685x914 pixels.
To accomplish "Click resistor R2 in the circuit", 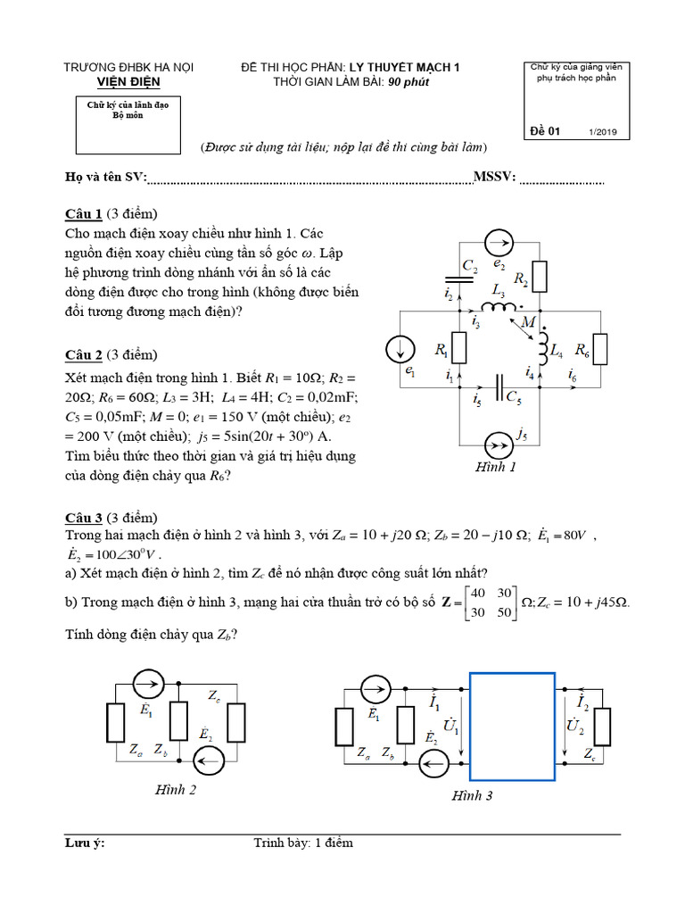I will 540,274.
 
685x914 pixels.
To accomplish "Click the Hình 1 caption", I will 497,467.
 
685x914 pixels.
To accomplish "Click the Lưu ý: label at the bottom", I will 85,843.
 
